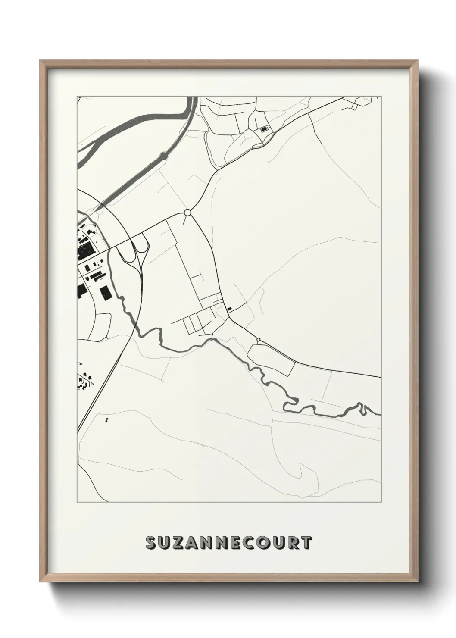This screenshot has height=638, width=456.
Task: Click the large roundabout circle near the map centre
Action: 187,213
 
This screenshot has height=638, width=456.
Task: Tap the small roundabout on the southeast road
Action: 258,340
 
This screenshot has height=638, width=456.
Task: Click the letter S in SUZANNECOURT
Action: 151,543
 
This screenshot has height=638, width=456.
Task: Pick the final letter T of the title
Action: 306,543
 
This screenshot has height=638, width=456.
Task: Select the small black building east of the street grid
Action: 229,308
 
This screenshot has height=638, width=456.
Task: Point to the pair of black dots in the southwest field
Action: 106,419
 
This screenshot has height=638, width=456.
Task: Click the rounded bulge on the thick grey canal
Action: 163,155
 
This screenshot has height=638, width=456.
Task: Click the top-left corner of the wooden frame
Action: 40,60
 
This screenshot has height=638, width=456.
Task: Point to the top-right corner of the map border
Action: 381,96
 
